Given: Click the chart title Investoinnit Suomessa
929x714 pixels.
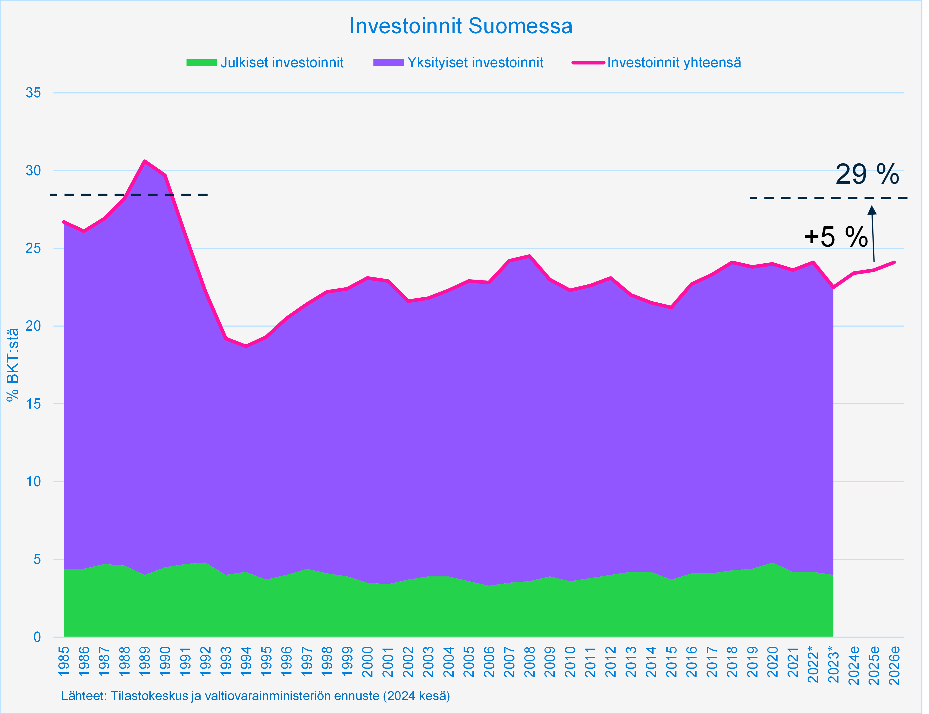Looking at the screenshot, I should pos(461,26).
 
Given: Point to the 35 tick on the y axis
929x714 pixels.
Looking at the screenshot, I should pos(33,93).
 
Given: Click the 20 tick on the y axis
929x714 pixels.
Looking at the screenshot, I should pos(33,326).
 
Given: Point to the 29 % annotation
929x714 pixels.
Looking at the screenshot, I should pos(867,174).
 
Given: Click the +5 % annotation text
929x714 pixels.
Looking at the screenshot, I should pos(836,237).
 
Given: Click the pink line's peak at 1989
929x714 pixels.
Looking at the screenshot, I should pos(145,161).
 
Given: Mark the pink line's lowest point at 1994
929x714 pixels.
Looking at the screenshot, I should pos(246,346).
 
